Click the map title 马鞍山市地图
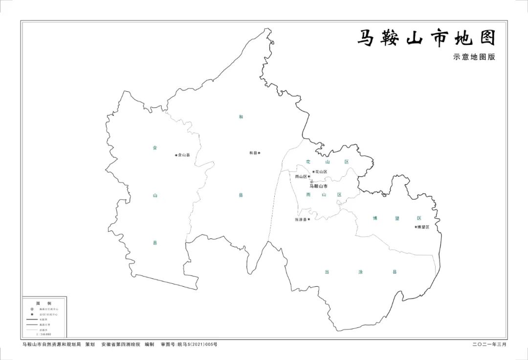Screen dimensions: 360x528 click(426, 38)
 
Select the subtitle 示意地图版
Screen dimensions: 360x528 click(474, 57)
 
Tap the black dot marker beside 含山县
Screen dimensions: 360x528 click(176, 155)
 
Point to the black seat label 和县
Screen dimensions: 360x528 click(253, 153)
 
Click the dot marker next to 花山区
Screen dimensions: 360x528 click(313, 171)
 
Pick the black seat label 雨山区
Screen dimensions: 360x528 click(301, 177)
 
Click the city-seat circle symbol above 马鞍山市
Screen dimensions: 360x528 click(311, 181)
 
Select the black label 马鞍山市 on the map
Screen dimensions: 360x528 click(319, 186)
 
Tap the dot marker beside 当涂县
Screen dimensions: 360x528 click(309, 219)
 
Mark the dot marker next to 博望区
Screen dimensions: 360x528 click(416, 227)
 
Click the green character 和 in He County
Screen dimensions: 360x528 click(241, 117)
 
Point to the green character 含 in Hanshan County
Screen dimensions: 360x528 click(155, 147)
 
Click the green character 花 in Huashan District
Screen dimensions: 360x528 click(308, 161)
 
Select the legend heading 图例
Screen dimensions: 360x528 click(44, 303)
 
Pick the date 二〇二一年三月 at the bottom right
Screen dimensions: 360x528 click(489, 344)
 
